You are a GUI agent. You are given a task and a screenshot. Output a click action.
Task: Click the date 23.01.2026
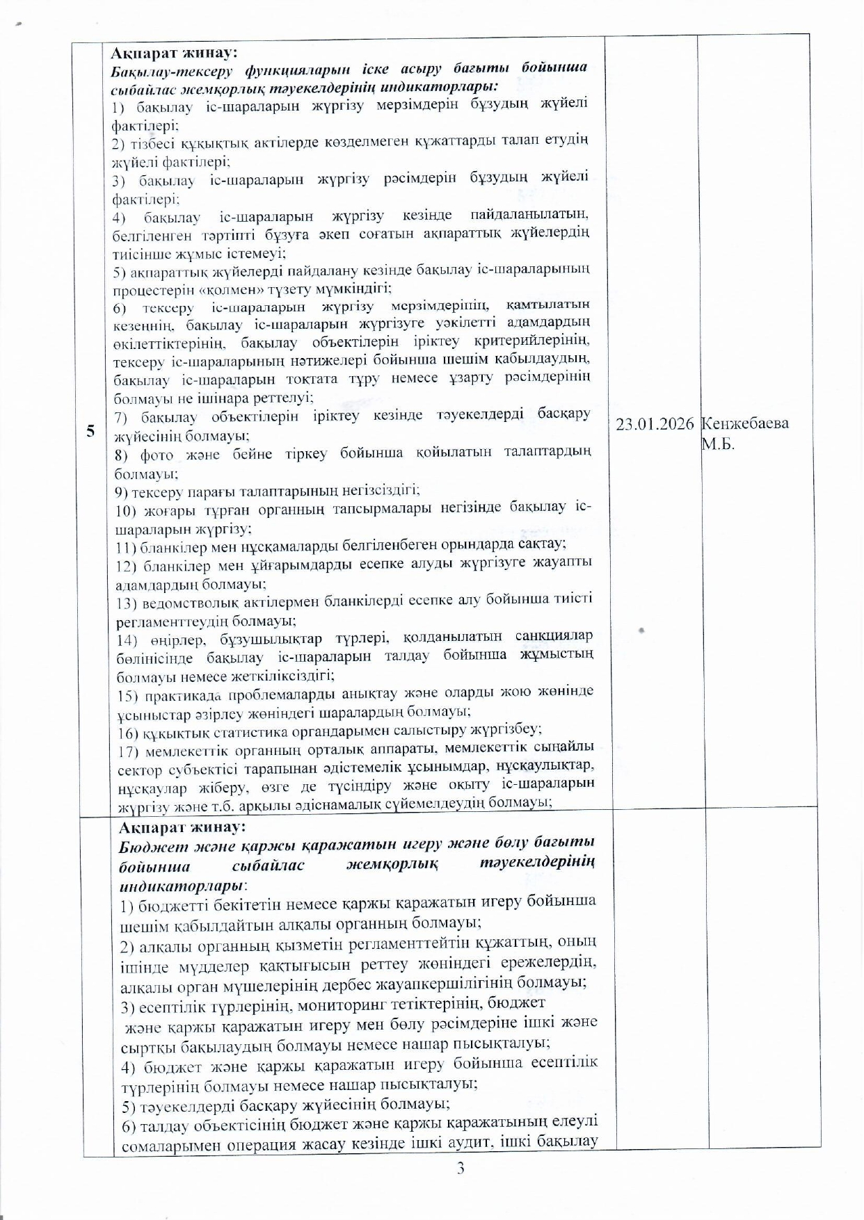pyautogui.click(x=655, y=424)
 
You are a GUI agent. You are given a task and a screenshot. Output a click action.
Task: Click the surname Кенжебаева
pyautogui.click(x=745, y=423)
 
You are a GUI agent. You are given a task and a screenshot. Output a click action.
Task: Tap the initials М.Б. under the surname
pyautogui.click(x=718, y=444)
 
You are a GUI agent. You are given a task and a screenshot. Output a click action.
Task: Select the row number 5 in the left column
pyautogui.click(x=91, y=431)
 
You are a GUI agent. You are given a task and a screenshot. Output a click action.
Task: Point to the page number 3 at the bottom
pyautogui.click(x=461, y=1169)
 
